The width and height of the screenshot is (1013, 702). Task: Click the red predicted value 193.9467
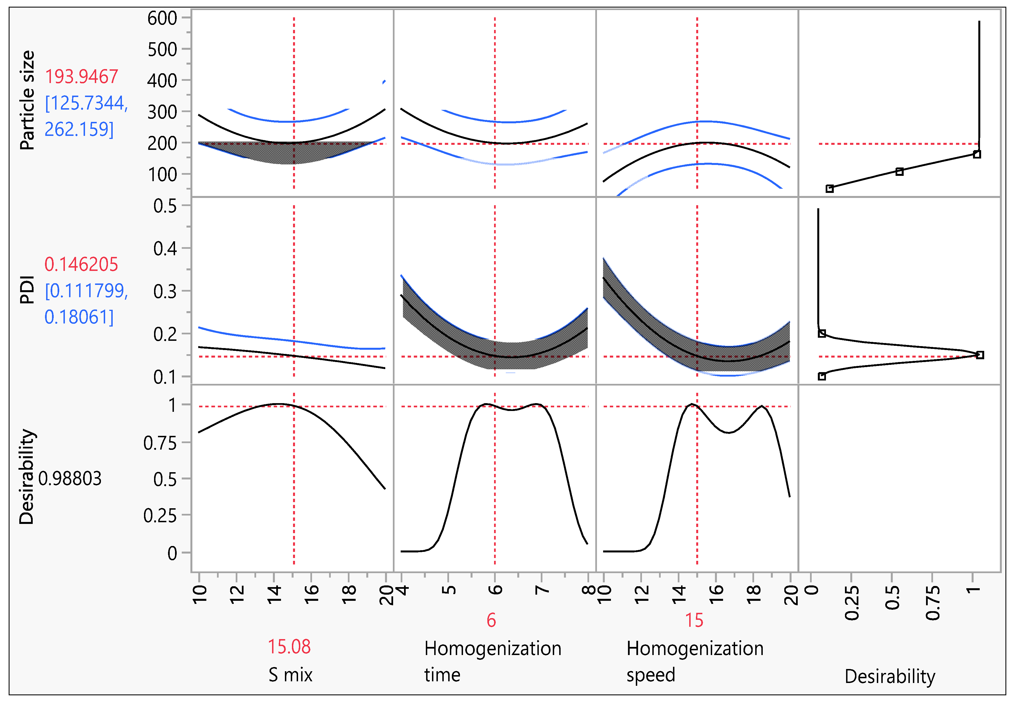pos(82,77)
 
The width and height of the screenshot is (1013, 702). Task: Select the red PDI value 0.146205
pos(81,264)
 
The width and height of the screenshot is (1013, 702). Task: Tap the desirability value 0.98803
pos(70,479)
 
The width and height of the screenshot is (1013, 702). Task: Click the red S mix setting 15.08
pos(289,647)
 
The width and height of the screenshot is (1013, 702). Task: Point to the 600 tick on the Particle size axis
pos(162,18)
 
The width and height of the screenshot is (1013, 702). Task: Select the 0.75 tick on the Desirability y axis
pos(160,443)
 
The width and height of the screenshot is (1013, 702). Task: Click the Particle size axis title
pos(27,100)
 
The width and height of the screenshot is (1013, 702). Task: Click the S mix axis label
pos(290,675)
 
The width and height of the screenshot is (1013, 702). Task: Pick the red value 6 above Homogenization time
pos(491,620)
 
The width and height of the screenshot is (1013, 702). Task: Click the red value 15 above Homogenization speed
pos(694,620)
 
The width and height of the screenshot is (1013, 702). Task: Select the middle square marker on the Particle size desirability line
pos(899,172)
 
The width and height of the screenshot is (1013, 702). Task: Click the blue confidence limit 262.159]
pos(79,129)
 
